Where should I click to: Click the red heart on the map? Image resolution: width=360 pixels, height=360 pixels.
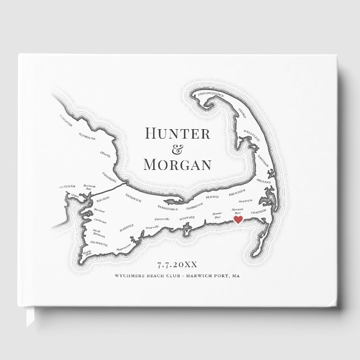point(237,221)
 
